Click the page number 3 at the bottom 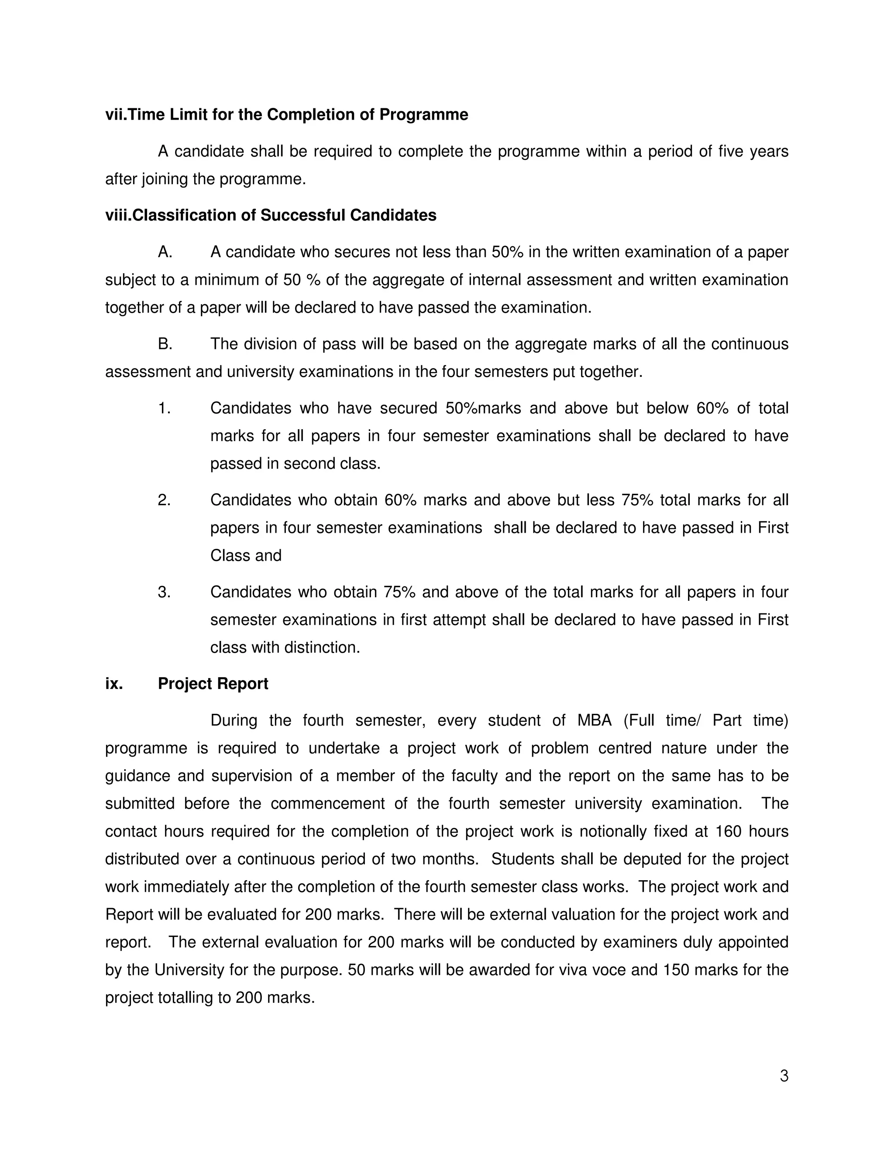click(x=784, y=1076)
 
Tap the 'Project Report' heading click(x=213, y=684)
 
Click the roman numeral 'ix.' click(x=114, y=684)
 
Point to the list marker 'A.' click(x=165, y=252)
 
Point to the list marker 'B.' click(x=165, y=344)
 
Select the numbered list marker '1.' click(x=164, y=409)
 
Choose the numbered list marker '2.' click(x=164, y=500)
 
